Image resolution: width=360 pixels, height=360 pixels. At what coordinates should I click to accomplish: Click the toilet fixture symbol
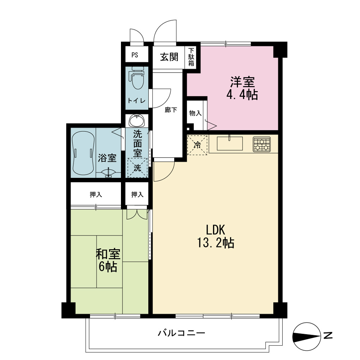(137, 78)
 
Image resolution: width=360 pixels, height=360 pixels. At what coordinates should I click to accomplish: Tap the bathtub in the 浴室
(83, 153)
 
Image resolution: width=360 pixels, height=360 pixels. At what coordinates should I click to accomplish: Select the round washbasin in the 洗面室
(137, 121)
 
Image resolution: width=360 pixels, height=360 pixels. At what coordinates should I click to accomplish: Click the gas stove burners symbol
(262, 144)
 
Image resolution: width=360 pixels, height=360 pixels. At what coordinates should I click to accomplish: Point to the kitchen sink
(230, 143)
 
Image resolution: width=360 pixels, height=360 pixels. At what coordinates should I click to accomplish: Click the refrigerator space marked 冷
(197, 145)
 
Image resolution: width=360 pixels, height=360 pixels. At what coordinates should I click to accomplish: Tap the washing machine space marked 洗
(137, 168)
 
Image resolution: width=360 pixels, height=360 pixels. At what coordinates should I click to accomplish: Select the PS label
(135, 55)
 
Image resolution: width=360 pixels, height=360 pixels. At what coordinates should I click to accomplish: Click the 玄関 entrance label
(169, 57)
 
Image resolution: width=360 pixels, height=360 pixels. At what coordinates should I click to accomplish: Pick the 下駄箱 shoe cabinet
(191, 57)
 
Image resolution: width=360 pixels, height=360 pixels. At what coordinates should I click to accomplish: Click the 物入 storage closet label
(195, 113)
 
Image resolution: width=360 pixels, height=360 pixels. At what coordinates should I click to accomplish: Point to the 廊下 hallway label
(171, 110)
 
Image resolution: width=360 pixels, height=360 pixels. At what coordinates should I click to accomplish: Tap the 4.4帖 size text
(242, 95)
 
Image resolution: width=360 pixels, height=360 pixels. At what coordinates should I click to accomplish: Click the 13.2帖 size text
(216, 243)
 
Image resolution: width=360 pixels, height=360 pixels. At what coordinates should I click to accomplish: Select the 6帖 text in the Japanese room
(108, 267)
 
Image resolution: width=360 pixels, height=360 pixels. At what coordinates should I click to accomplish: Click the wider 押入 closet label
(96, 195)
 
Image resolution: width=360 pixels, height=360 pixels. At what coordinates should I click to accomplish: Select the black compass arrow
(306, 337)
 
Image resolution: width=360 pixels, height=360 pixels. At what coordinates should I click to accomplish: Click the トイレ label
(136, 100)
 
